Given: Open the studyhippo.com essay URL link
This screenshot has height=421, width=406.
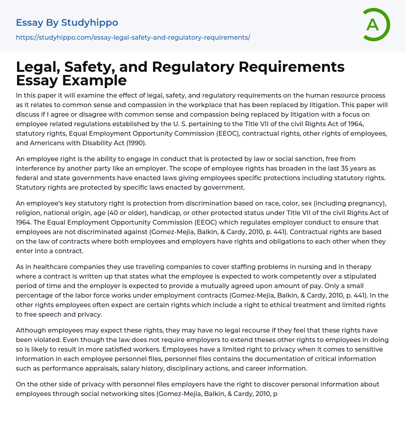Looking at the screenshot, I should (x=133, y=37).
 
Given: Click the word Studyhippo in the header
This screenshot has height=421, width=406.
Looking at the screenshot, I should (x=90, y=23).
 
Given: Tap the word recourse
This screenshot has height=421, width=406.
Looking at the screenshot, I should (x=234, y=330).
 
